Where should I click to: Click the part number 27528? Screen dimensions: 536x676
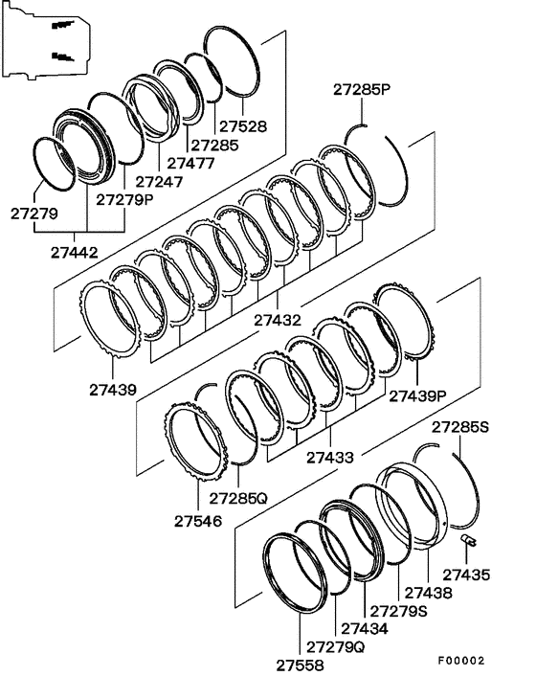(243, 126)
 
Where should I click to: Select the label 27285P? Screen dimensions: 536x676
(362, 90)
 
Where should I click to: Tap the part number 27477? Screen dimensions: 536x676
(190, 164)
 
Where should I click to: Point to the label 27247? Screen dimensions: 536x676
(160, 182)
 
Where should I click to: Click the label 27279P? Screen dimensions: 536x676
(124, 199)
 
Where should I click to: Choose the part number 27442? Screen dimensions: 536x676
(75, 252)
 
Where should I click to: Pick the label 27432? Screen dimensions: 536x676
(278, 321)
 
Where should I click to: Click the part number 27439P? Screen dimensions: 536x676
(417, 395)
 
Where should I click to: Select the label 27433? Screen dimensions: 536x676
(330, 458)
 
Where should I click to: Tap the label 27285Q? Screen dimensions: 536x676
(238, 498)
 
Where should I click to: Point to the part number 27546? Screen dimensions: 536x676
(198, 521)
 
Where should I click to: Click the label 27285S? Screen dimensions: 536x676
(460, 427)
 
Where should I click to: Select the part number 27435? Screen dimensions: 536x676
(467, 575)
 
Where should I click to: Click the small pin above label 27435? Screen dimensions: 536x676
(468, 540)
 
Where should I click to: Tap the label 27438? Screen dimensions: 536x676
(429, 593)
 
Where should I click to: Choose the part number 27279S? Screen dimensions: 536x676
(399, 611)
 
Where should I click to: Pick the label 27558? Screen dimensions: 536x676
(300, 665)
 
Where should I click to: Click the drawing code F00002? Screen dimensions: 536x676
(462, 661)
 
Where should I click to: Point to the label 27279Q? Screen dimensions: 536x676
(336, 646)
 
